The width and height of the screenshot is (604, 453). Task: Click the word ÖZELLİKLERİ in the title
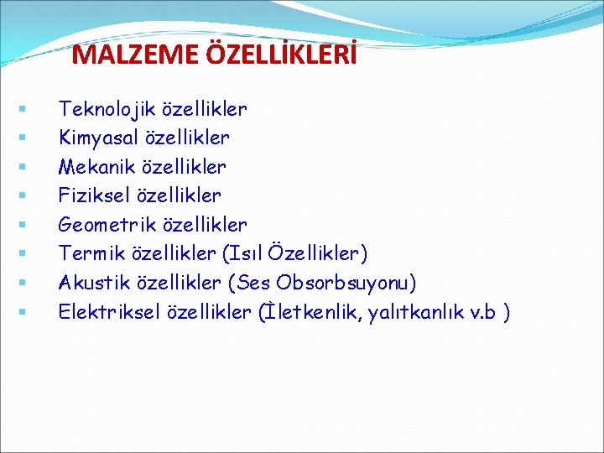(x=281, y=55)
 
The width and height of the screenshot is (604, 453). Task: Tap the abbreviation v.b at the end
(x=484, y=312)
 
